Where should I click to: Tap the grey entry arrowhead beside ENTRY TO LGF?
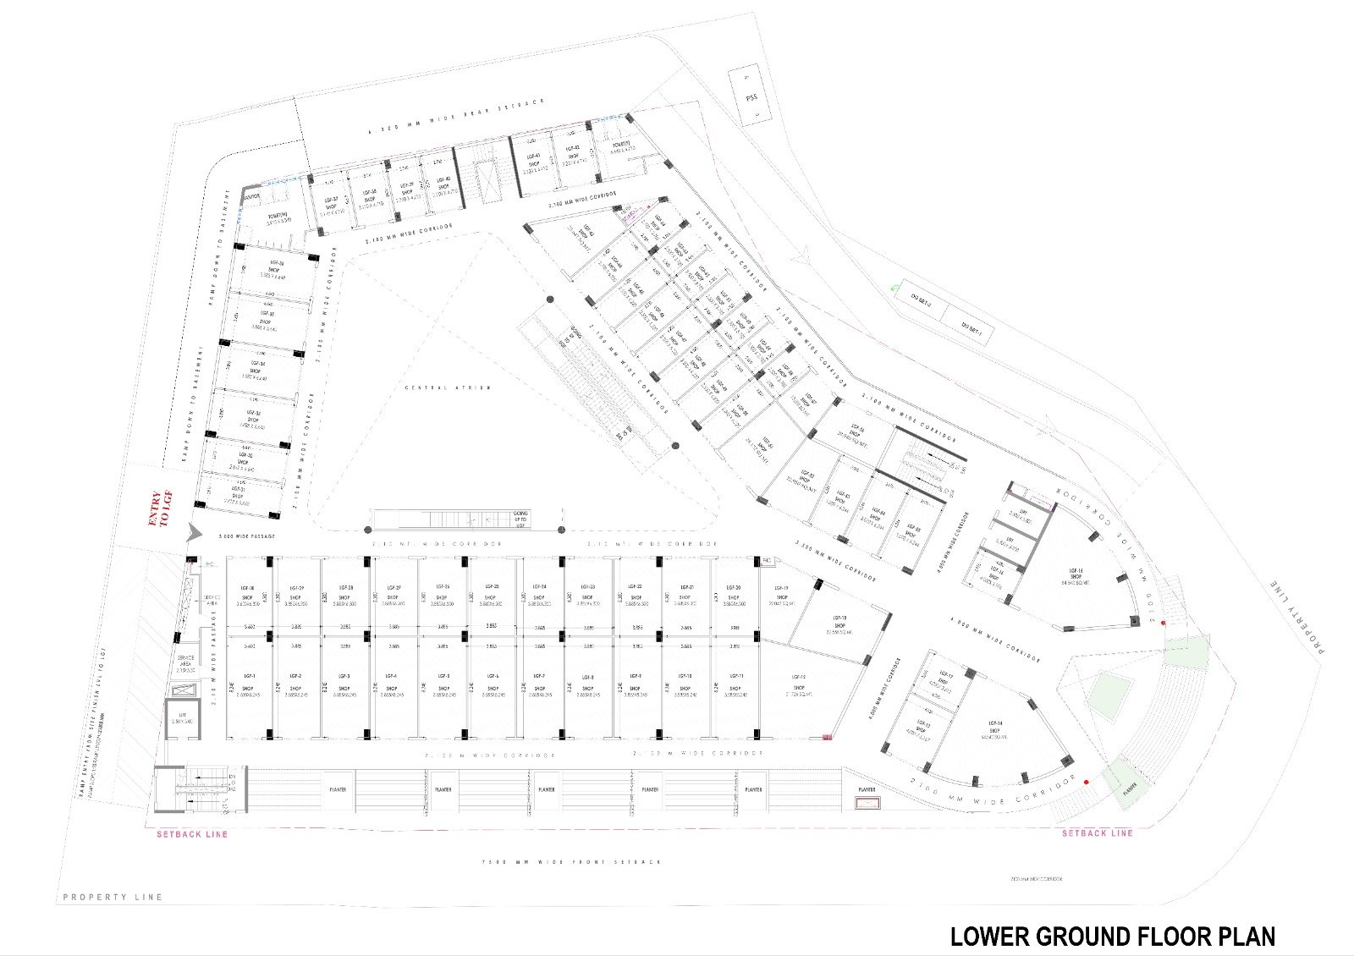coord(194,532)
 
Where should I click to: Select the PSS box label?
coord(751,97)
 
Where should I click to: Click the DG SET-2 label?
coord(921,302)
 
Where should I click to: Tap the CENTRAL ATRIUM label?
coord(437,387)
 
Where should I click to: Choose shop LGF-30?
coord(248,593)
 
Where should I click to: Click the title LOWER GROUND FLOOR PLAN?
coord(1112,937)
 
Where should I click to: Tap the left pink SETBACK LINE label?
coord(192,834)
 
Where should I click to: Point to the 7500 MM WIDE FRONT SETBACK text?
coord(570,862)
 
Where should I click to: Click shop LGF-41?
coord(533,161)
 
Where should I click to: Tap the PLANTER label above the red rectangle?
coord(867,789)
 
